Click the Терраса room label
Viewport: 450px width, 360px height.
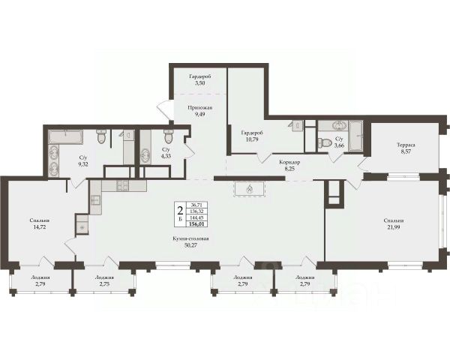406,145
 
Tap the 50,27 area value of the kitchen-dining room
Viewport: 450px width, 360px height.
190,245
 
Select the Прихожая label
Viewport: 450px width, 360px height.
200,108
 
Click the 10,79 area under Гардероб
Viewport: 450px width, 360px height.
252,139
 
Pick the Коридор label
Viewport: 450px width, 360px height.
289,162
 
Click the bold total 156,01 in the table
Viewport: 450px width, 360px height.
196,224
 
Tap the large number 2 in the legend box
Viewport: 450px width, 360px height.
180,211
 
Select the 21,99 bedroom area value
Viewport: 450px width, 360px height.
394,227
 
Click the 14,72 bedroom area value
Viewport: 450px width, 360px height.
39,226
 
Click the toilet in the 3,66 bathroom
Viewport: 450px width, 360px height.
325,142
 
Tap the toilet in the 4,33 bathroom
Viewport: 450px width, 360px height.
168,136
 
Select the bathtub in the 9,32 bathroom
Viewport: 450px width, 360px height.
66,137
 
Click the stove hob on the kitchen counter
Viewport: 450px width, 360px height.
122,185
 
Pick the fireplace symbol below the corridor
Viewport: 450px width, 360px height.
250,189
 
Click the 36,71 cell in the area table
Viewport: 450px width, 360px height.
196,205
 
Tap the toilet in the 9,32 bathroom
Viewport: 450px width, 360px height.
101,136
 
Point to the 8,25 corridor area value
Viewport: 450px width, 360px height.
289,169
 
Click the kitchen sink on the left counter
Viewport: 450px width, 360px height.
95,199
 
